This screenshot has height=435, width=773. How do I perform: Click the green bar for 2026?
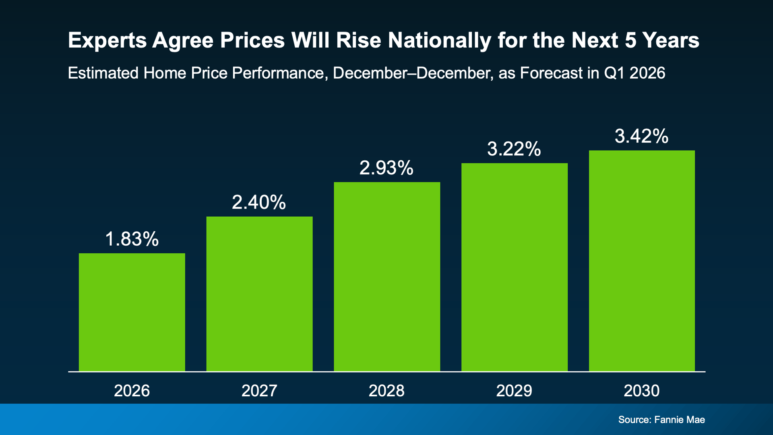click(x=132, y=312)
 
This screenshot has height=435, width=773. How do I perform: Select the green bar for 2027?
click(x=259, y=294)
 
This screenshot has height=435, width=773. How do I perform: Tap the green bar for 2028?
click(x=386, y=277)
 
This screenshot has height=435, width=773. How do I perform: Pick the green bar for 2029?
click(x=514, y=267)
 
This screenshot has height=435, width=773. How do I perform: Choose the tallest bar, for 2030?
click(x=642, y=261)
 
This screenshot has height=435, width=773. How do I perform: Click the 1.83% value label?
click(x=132, y=239)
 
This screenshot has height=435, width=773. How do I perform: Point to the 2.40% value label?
click(x=259, y=202)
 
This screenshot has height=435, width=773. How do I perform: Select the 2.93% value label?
click(x=386, y=168)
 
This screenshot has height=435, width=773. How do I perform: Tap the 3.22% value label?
click(x=514, y=149)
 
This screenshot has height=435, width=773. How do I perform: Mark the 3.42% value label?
click(x=641, y=136)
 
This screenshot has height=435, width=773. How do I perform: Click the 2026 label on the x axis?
click(x=132, y=391)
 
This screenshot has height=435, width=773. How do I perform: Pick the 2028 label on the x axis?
click(x=386, y=391)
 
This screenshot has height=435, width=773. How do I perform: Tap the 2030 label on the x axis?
click(x=641, y=391)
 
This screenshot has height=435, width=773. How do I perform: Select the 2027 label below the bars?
click(x=259, y=391)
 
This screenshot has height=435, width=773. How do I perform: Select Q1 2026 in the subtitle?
click(x=634, y=73)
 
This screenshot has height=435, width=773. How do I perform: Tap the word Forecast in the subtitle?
click(x=551, y=73)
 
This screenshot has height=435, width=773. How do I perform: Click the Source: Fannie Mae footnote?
click(x=661, y=420)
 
